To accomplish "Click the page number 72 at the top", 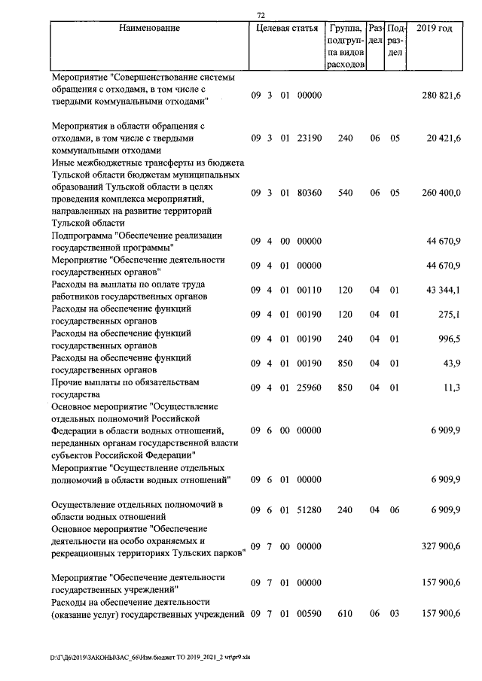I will coord(261,15).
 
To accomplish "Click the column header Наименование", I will coord(149,29).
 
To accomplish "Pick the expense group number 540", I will coord(345,192).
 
